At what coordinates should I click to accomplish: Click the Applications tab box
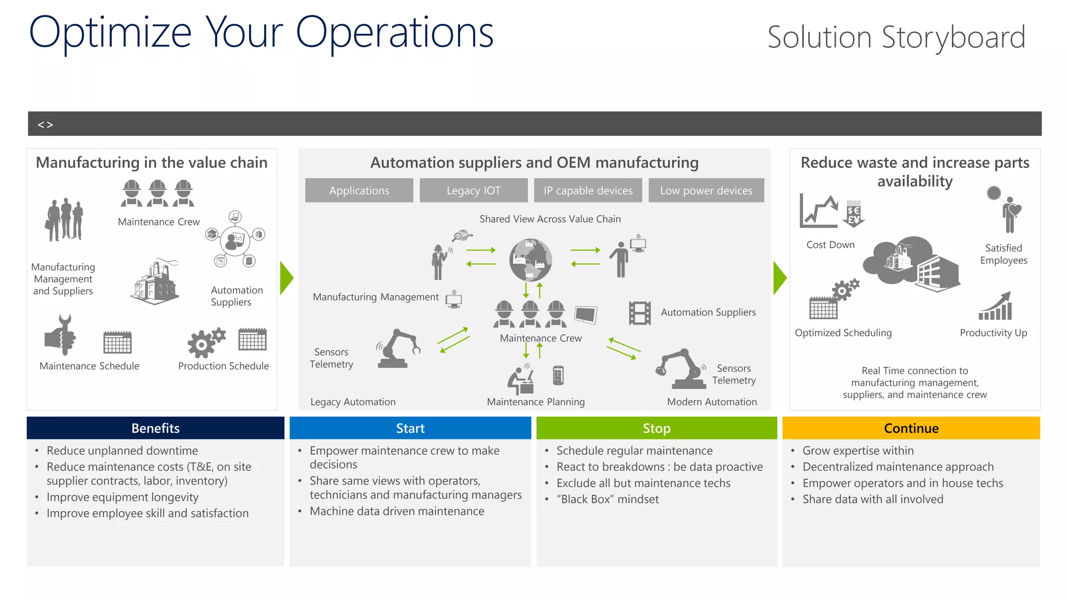pos(359,191)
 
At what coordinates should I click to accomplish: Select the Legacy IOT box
pos(473,191)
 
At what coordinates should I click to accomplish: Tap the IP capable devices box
pos(588,191)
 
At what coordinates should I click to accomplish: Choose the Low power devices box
pos(706,191)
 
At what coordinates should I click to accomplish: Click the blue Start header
pos(410,428)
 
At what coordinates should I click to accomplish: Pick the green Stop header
pos(656,428)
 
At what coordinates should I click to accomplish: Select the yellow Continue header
pos(911,428)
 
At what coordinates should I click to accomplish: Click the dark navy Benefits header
pos(155,428)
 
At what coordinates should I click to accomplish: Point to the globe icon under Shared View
pos(530,259)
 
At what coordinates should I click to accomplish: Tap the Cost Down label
pos(830,245)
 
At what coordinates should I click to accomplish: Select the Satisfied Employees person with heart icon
pos(1008,214)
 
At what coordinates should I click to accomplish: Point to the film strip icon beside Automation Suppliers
pos(640,313)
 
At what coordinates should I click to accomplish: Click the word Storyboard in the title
pos(953,37)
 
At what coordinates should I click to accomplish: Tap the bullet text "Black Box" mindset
pos(607,499)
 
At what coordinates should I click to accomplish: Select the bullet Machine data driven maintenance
pos(397,511)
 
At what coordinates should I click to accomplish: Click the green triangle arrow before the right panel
pos(779,278)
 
